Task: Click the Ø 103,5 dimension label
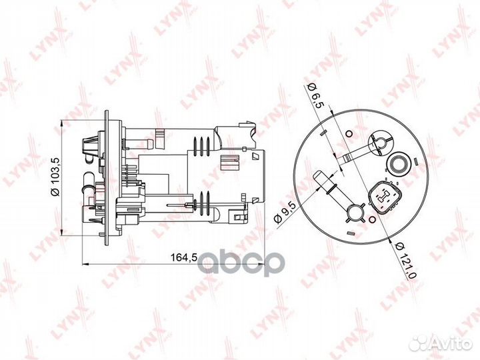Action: tap(56, 177)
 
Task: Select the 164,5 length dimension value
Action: tap(183, 257)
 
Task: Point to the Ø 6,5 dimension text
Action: tap(315, 96)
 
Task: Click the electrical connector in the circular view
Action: tap(385, 197)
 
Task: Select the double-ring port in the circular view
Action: tap(398, 162)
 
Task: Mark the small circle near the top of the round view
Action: tap(349, 134)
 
